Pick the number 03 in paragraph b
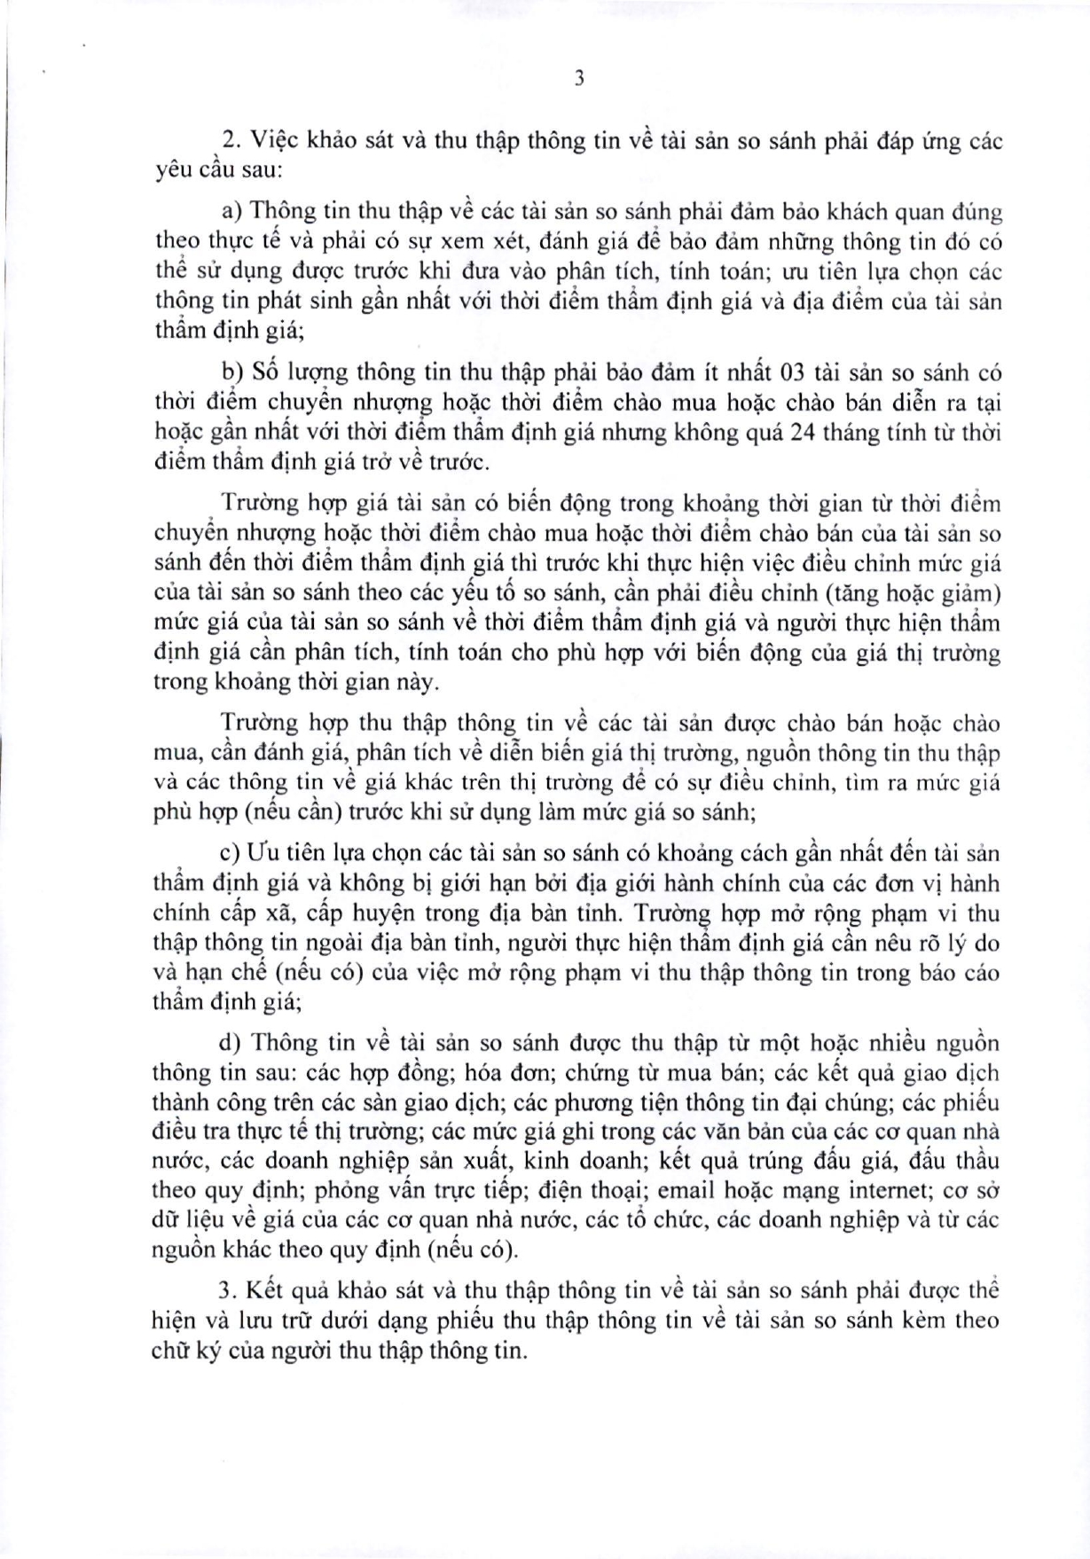(791, 372)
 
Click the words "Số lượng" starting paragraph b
(290, 372)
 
